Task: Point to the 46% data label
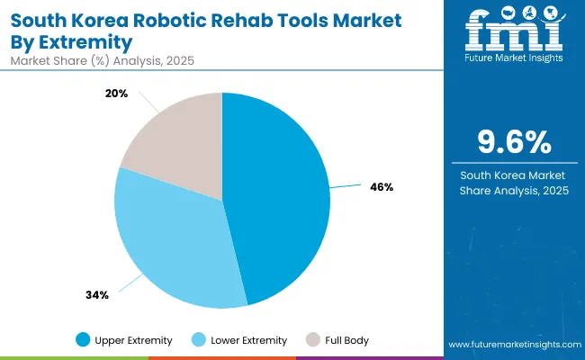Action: click(x=381, y=188)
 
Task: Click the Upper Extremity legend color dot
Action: click(x=84, y=340)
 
